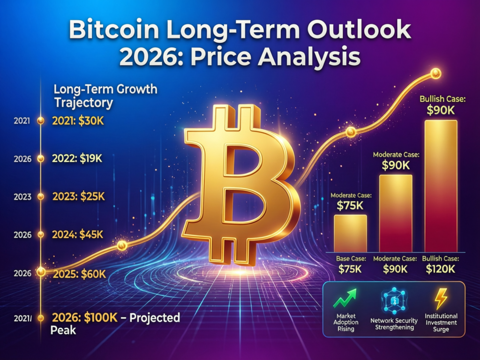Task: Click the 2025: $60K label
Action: pos(80,274)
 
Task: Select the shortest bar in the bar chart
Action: pos(350,233)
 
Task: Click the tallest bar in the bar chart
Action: pos(440,185)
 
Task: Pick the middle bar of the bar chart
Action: pos(396,213)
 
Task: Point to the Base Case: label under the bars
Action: pos(350,259)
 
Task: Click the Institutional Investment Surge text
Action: pos(441,322)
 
